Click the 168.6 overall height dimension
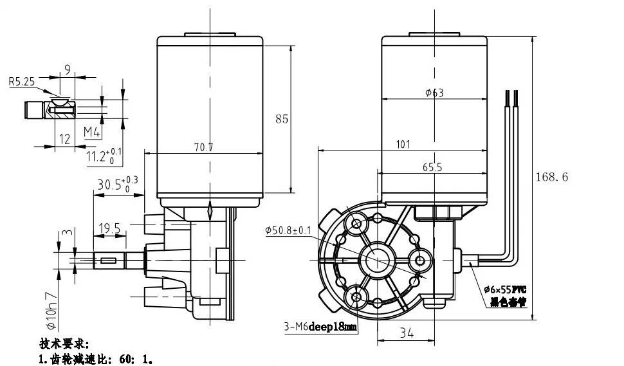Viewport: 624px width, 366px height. click(551, 177)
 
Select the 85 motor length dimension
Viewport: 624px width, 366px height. click(282, 119)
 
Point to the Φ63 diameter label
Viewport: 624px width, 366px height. click(434, 93)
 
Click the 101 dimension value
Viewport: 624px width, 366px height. click(403, 145)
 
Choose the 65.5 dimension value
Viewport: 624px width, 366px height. click(432, 167)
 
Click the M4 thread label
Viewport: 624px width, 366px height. click(92, 133)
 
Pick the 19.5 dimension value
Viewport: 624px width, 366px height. click(109, 228)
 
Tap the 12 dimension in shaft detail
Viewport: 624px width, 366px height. click(64, 139)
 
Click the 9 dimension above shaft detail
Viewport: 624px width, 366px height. click(67, 68)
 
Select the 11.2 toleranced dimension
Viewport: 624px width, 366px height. click(103, 155)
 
